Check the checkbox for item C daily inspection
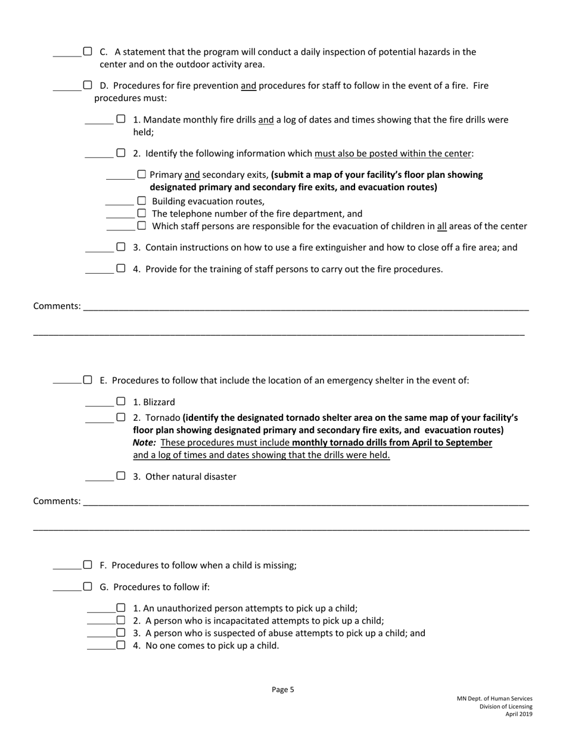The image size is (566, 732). (x=88, y=51)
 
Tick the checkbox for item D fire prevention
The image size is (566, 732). (x=88, y=85)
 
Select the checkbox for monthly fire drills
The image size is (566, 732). (x=121, y=119)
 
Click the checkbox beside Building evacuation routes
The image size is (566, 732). (x=142, y=201)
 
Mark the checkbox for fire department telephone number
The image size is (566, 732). (x=142, y=213)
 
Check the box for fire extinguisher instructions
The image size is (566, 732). (x=121, y=246)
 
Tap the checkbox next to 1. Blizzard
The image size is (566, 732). (x=121, y=402)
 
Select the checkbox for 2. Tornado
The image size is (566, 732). (x=121, y=417)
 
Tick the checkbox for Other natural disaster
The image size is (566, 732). (x=121, y=476)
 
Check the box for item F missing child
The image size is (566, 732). (x=88, y=565)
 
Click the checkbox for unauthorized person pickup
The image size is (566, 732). (x=121, y=608)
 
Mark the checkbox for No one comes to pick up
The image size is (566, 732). (x=121, y=645)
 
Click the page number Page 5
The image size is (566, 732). (x=283, y=690)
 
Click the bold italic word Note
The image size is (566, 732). (x=144, y=443)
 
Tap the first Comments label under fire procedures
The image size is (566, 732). (x=57, y=306)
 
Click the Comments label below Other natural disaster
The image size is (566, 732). (x=57, y=501)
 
